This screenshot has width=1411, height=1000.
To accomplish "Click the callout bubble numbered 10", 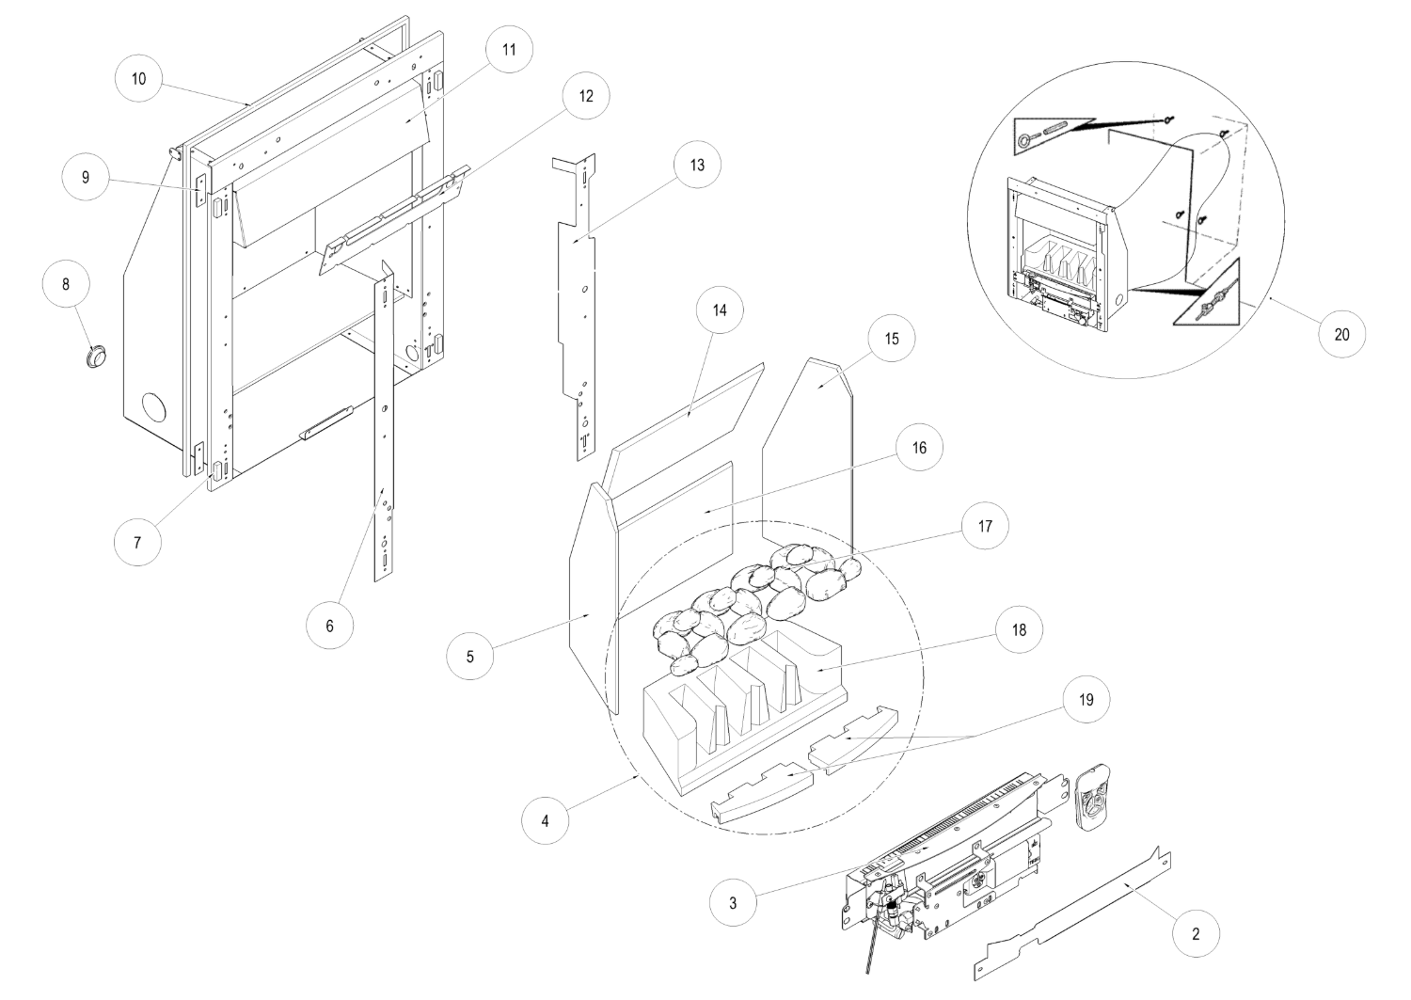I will [x=138, y=79].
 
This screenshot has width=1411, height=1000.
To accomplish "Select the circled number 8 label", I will [x=65, y=287].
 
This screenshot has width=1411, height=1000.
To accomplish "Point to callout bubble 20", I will [x=1341, y=334].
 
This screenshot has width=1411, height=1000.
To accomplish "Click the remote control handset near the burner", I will [x=1094, y=798].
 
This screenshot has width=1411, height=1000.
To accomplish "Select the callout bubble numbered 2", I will [x=1195, y=934].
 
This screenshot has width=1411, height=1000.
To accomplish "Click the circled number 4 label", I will [x=546, y=819].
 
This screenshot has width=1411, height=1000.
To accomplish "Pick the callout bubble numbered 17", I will [x=985, y=527].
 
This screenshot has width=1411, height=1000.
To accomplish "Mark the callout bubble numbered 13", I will [x=696, y=165].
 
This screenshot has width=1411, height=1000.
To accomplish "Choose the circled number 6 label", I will [x=329, y=625].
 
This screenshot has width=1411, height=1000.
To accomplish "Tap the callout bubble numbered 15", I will [x=892, y=339].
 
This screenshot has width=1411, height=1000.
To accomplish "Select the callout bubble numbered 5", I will [x=470, y=658].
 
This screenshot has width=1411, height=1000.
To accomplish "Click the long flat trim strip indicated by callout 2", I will [x=1072, y=909].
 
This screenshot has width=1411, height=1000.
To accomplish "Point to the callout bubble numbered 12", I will [x=586, y=96].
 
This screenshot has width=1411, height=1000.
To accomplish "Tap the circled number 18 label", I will [x=1019, y=630].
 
